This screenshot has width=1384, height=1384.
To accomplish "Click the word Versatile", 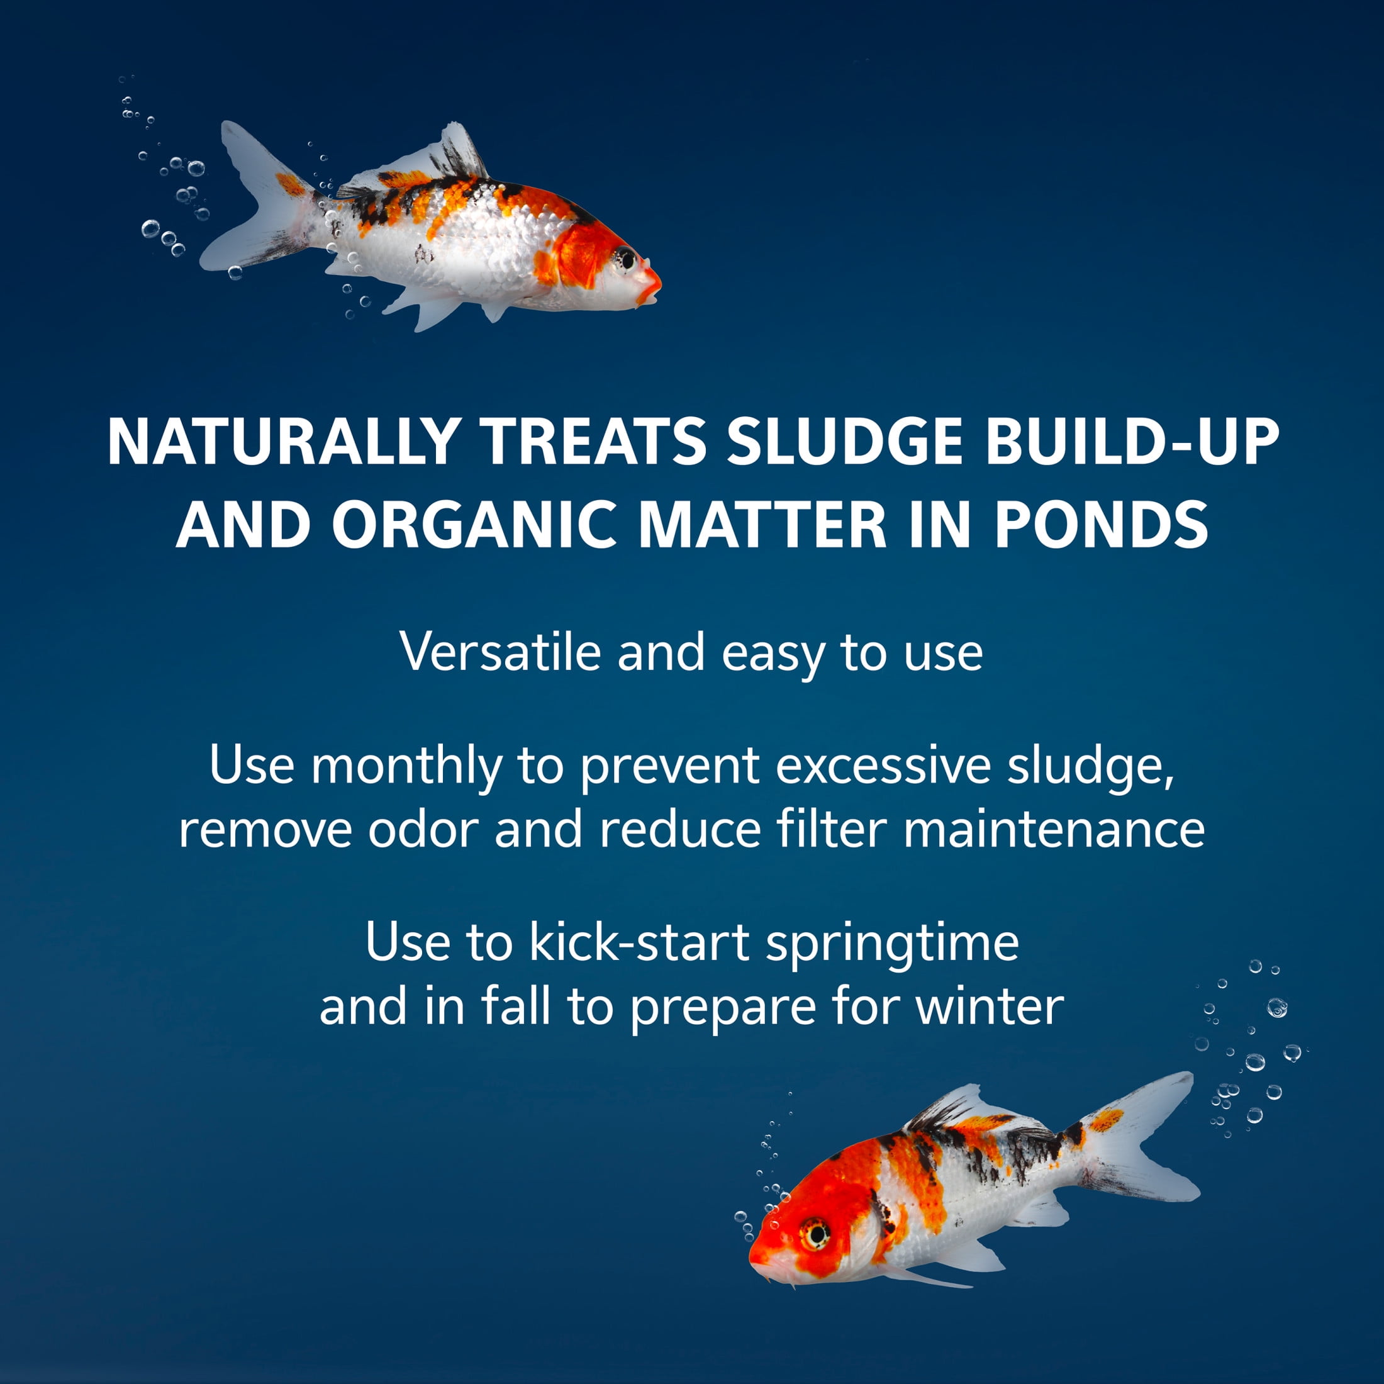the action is pyautogui.click(x=500, y=651).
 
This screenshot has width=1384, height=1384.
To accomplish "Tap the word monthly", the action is pyautogui.click(x=406, y=765).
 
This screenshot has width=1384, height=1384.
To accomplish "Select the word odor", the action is pyautogui.click(x=423, y=830).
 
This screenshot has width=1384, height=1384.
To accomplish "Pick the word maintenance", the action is pyautogui.click(x=1054, y=830).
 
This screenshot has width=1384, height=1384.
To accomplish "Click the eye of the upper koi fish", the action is pyautogui.click(x=625, y=257).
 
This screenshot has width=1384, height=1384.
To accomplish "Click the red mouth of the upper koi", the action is pyautogui.click(x=650, y=284).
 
